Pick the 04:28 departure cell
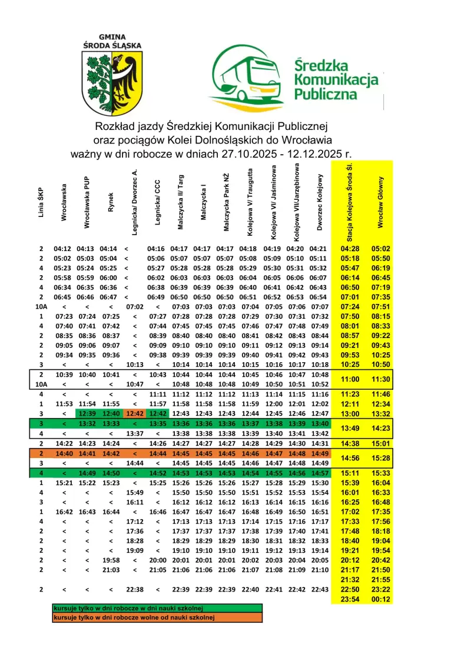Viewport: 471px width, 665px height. tap(350, 249)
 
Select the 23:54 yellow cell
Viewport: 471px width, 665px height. tap(350, 599)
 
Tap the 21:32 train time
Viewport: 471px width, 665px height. tap(350, 579)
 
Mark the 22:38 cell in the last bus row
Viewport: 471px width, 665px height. tap(135, 589)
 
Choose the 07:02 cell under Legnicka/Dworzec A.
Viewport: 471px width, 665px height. tap(135, 306)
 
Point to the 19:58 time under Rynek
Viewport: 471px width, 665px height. tap(111, 560)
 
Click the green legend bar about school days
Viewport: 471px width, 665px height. tap(157, 608)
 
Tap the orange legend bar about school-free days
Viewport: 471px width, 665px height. tap(157, 617)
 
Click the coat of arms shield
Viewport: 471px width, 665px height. tap(111, 83)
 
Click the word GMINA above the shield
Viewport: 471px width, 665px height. tap(111, 36)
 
